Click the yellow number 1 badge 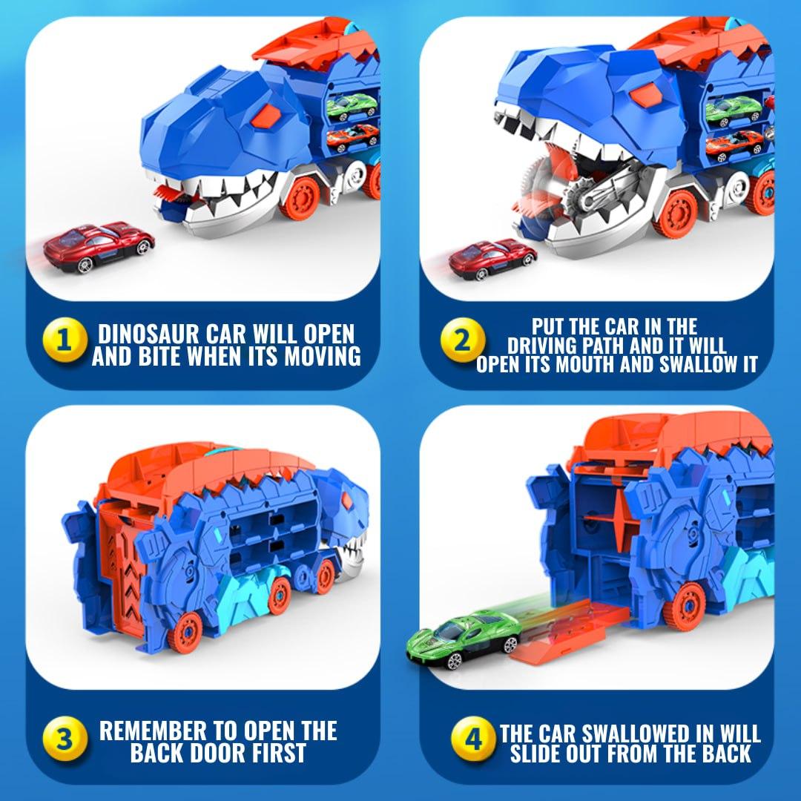(x=65, y=342)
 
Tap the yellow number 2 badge (x=461, y=342)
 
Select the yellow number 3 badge (x=65, y=740)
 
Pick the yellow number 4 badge (x=472, y=740)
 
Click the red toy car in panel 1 (x=99, y=246)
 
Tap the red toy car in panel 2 (x=492, y=258)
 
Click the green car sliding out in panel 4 (x=461, y=637)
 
